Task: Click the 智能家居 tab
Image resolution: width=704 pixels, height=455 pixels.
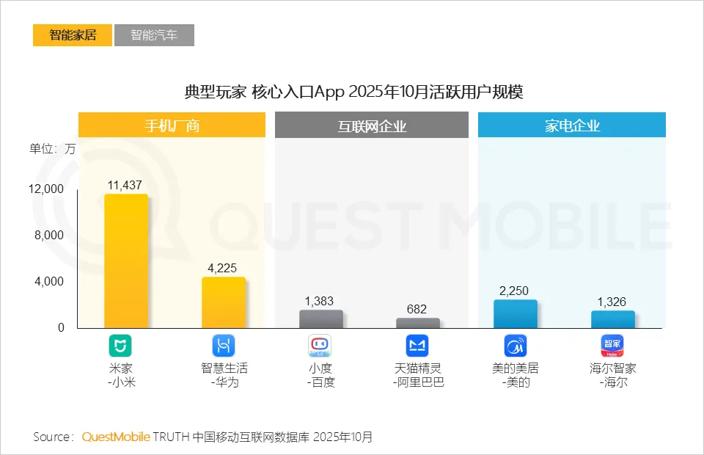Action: [x=73, y=35]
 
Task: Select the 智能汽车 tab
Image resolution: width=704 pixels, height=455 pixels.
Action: [x=154, y=35]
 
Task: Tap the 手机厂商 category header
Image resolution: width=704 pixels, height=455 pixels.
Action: [x=172, y=125]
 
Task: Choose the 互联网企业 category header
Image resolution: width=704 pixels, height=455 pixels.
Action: [x=372, y=125]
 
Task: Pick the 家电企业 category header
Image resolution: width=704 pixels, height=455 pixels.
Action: [x=572, y=125]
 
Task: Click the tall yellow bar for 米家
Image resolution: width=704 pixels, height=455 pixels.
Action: [x=126, y=261]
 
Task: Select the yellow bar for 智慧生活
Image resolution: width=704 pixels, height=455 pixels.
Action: [x=223, y=302]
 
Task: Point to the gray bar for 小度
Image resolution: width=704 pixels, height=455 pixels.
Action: [x=320, y=318]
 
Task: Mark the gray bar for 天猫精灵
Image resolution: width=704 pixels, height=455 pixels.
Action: [x=417, y=323]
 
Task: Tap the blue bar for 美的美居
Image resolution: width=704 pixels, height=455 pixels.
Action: [x=515, y=314]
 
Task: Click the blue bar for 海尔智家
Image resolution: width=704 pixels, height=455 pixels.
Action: [x=612, y=319]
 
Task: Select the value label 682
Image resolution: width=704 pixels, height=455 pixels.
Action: [x=417, y=310]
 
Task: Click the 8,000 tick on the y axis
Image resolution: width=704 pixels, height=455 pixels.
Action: [x=49, y=236]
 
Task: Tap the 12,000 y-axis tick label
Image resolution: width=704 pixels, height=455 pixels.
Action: [x=46, y=189]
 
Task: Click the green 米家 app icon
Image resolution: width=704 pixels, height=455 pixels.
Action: [x=120, y=346]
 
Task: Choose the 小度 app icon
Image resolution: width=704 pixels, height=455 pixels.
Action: [x=320, y=346]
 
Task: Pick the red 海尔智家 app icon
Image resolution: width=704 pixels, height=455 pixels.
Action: [x=612, y=346]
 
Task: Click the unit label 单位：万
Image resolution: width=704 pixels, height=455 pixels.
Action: [x=52, y=148]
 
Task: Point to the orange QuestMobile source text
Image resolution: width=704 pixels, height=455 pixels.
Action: [x=116, y=437]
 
